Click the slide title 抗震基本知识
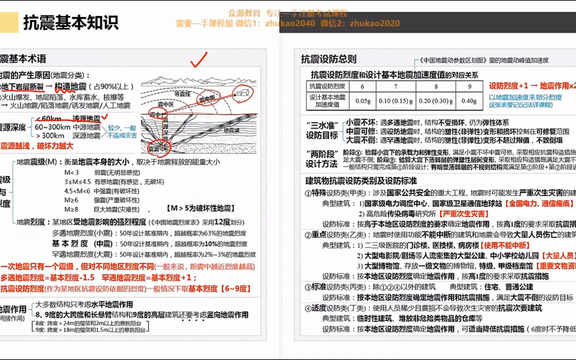(71, 23)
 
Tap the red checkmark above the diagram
(199, 60)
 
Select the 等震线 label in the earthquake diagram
(182, 94)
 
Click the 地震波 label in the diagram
(231, 130)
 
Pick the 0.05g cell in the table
(363, 101)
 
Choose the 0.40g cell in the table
(469, 101)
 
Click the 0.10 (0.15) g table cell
(396, 101)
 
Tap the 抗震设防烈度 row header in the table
(327, 86)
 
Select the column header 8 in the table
(436, 86)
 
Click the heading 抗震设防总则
(329, 59)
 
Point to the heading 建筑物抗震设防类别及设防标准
(361, 181)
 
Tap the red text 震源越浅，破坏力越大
(37, 146)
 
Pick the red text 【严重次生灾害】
(464, 214)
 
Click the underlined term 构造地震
(70, 87)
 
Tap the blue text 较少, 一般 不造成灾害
(122, 132)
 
